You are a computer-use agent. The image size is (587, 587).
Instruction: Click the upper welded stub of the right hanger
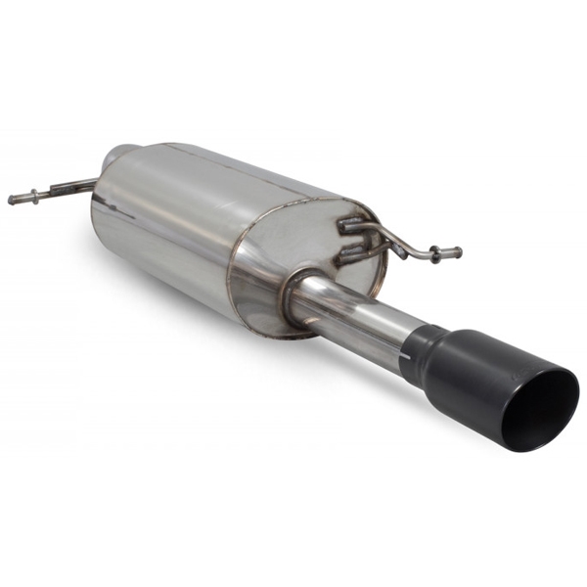350,226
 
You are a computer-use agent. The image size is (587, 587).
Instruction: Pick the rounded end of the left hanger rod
12,200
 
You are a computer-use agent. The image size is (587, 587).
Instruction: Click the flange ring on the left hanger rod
35,196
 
